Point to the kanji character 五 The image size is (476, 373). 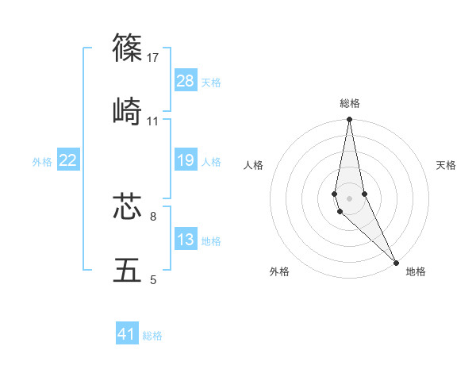point(128,270)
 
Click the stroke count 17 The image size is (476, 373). point(153,58)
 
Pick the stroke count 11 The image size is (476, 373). point(153,121)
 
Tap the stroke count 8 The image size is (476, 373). point(153,216)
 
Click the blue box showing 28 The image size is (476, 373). point(186,80)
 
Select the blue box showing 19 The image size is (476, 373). point(186,161)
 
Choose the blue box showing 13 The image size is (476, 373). point(186,240)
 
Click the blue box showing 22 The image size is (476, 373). point(68,161)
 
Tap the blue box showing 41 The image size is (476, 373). point(127,334)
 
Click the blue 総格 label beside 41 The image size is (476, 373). point(152,336)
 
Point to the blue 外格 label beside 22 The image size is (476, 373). point(42,162)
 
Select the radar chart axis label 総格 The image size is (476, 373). point(350,103)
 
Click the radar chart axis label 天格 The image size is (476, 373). point(446,165)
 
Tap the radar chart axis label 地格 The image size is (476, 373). point(416,271)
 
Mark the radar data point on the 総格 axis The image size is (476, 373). point(349,121)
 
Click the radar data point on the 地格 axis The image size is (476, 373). point(396,262)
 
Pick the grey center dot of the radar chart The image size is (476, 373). point(349,198)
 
